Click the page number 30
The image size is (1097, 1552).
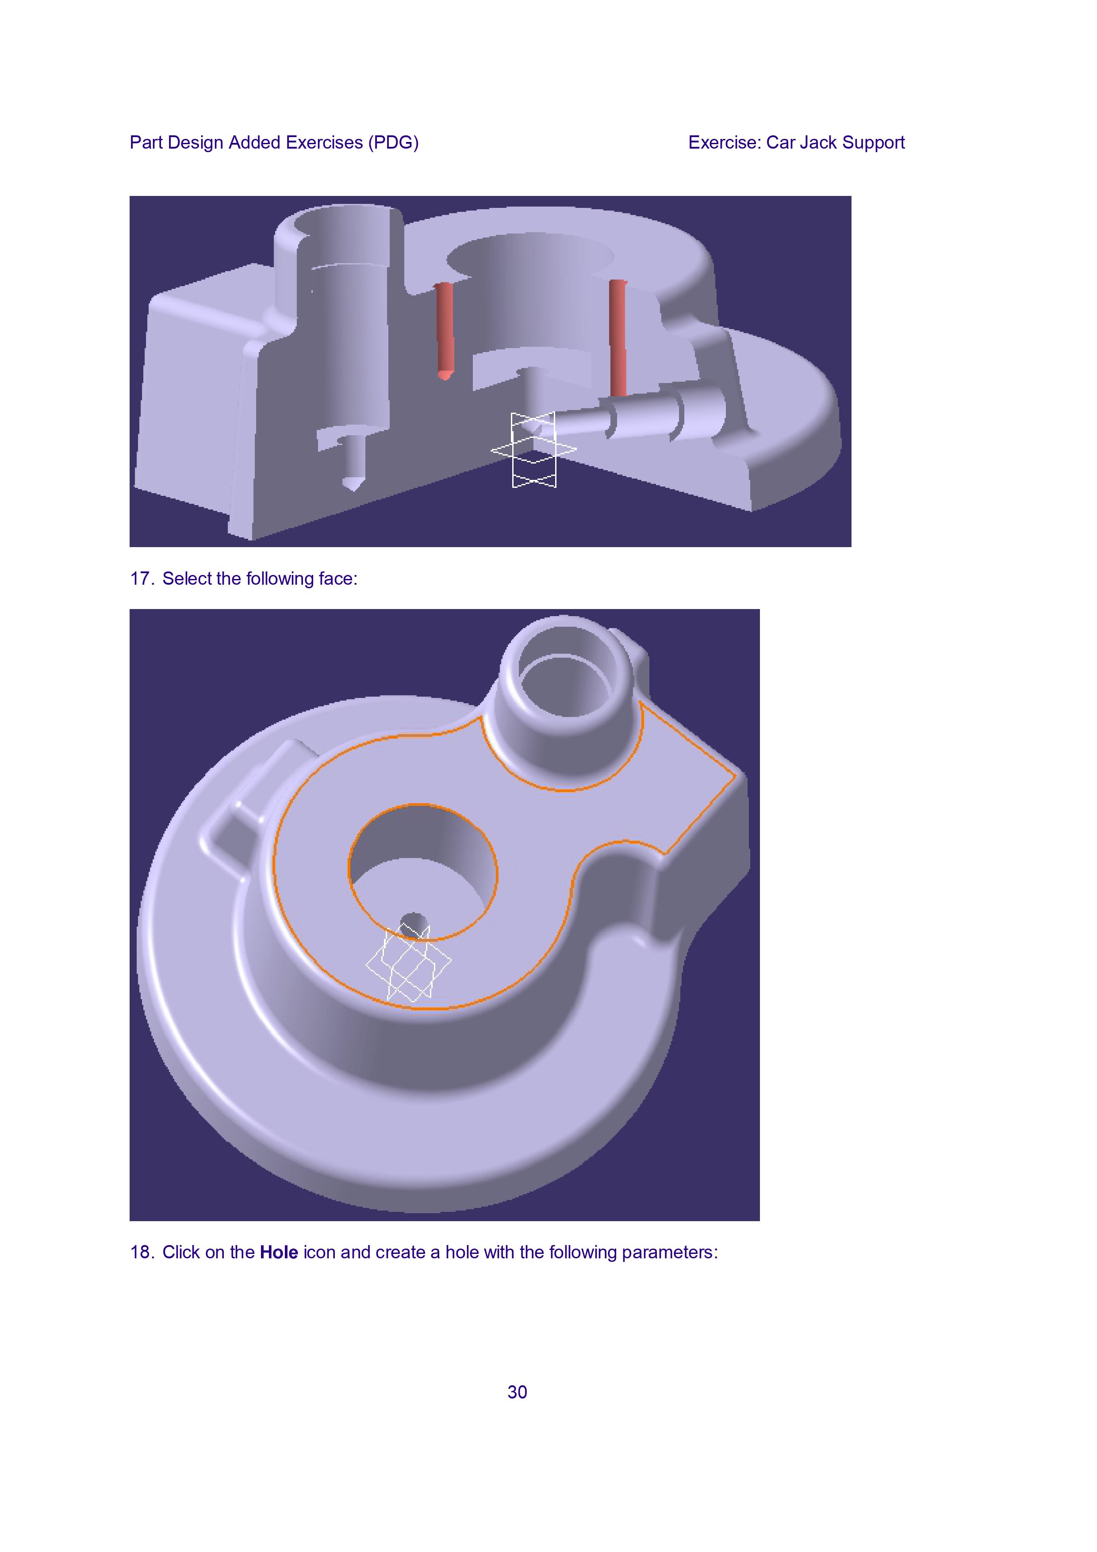[517, 1392]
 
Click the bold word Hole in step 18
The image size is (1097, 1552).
[279, 1253]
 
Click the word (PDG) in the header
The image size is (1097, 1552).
[393, 142]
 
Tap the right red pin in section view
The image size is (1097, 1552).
[618, 337]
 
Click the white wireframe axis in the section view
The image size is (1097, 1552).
[534, 449]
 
